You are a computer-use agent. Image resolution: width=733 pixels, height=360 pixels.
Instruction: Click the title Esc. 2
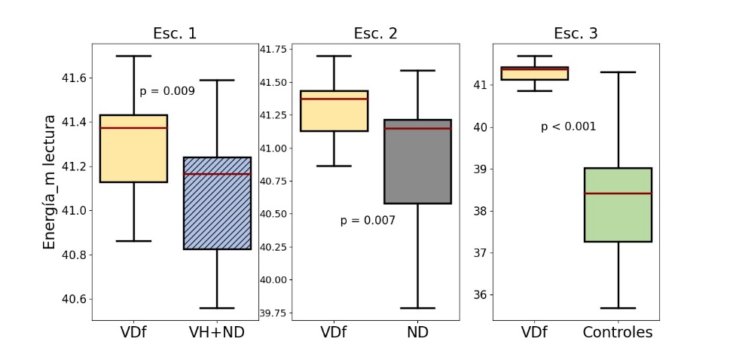(375, 33)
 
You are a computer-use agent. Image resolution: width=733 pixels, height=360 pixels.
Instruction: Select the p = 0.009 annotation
(167, 91)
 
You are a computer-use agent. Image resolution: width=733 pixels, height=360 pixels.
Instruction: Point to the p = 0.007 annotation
(368, 221)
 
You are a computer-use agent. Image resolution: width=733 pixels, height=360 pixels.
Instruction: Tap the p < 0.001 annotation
(568, 127)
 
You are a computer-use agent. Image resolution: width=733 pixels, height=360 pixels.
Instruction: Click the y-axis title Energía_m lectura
(49, 182)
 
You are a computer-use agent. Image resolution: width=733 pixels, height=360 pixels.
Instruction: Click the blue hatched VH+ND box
(218, 203)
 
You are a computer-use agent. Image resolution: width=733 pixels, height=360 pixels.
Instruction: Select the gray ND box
(417, 161)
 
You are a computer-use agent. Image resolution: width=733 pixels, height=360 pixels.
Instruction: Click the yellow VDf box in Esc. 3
(534, 73)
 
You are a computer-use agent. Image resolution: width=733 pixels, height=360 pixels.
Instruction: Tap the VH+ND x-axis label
(218, 332)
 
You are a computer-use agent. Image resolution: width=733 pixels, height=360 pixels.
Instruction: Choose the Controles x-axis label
(618, 332)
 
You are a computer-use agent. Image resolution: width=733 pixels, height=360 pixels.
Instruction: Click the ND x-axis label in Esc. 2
(417, 332)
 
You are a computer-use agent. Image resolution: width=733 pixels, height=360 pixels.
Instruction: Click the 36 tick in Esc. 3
(480, 294)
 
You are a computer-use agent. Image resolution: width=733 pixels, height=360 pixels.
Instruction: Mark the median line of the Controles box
(618, 194)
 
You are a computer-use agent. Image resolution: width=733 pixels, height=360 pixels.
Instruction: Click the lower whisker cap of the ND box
(417, 308)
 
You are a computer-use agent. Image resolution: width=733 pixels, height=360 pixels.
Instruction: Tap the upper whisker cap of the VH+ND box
(218, 80)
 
